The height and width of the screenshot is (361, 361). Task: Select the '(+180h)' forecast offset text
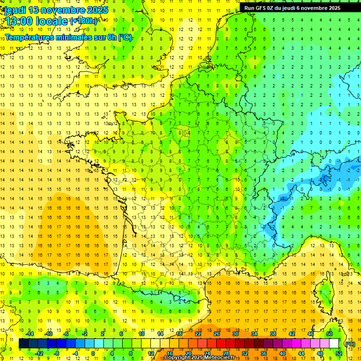click(84, 21)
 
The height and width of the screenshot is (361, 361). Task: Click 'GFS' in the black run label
click(261, 8)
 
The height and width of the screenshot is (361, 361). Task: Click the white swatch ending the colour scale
click(334, 344)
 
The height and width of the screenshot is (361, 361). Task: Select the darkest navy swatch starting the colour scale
click(24, 344)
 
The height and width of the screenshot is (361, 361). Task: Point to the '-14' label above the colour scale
click(30, 334)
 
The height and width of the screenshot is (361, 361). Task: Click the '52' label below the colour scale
click(339, 353)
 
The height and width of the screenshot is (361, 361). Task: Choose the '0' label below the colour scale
click(93, 353)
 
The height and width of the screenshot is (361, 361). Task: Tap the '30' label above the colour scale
click(235, 334)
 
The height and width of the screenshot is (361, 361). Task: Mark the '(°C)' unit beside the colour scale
click(350, 344)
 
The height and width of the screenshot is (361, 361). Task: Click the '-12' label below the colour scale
click(39, 353)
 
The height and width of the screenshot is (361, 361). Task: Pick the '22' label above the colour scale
click(198, 334)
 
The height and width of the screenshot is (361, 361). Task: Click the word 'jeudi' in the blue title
click(15, 10)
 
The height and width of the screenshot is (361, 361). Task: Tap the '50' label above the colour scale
click(330, 334)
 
